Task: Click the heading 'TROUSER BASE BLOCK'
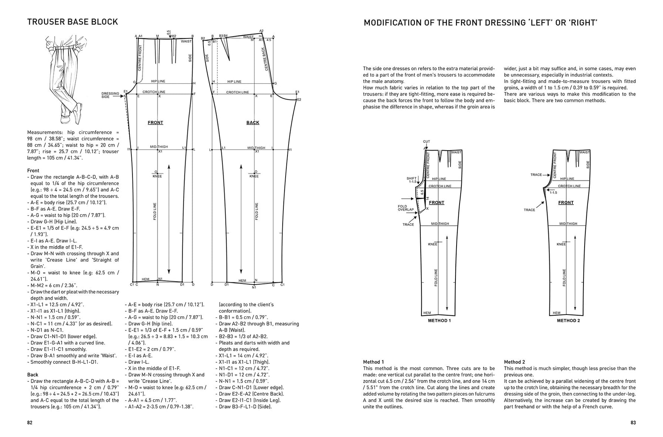click(72, 22)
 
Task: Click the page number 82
click(30, 423)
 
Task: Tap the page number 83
click(633, 423)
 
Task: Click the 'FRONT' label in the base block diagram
click(155, 123)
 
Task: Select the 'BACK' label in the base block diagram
click(253, 123)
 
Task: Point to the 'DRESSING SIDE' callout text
click(110, 95)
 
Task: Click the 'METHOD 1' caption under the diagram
click(439, 320)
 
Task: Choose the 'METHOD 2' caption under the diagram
click(568, 320)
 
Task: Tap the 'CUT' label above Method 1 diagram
click(426, 142)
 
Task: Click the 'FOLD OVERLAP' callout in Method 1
click(405, 208)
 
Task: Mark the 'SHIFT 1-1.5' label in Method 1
click(411, 180)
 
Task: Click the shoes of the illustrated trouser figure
click(71, 114)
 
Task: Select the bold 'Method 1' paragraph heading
click(373, 362)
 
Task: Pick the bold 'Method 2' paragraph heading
click(514, 362)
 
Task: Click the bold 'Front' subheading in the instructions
click(33, 171)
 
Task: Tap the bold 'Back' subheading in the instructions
click(33, 375)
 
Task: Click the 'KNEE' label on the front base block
click(157, 176)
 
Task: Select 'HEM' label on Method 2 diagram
click(557, 313)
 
